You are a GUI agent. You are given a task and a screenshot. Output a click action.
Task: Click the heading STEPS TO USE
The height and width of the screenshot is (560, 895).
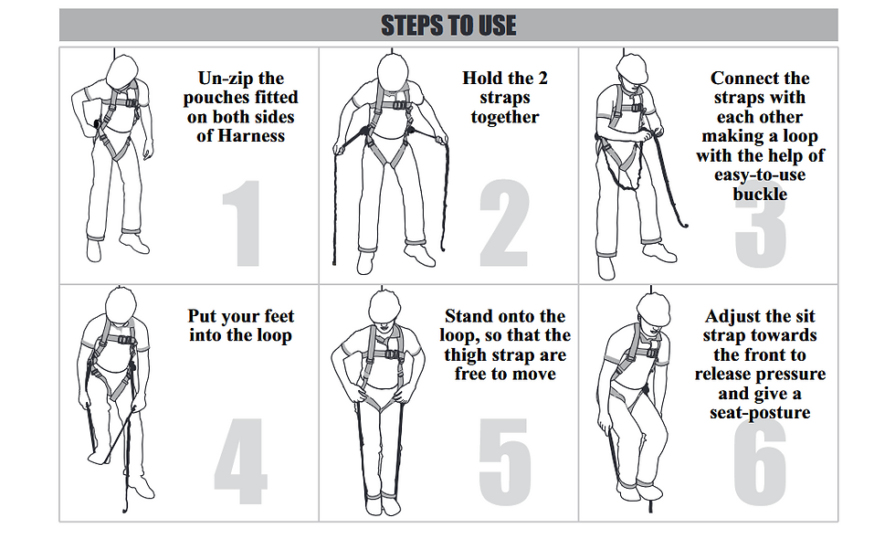448,26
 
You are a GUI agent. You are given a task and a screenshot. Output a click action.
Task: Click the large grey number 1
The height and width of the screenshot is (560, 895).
242,224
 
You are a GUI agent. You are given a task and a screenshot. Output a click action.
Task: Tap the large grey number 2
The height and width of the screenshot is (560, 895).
503,224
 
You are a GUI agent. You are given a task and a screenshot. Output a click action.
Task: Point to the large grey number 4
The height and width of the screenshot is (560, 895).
240,461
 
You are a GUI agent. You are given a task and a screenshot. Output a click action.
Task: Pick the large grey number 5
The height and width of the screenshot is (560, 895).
503,461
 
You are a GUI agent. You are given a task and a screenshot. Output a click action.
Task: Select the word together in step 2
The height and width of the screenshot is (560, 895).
505,117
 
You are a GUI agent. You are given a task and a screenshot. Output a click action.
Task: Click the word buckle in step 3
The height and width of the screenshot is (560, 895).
760,194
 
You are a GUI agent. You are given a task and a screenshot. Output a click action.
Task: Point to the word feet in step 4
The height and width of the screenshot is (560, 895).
275,317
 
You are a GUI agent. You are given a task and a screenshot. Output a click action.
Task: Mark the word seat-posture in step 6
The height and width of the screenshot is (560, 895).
760,413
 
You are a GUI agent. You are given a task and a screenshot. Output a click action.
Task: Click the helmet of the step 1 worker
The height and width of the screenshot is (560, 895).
122,70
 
